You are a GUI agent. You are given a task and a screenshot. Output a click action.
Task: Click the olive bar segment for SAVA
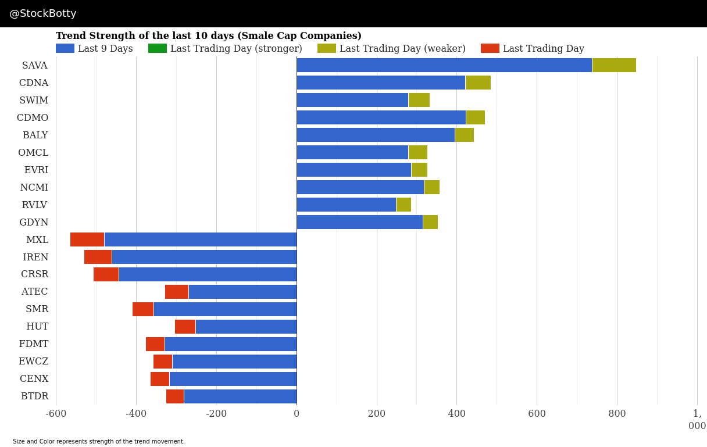click(614, 65)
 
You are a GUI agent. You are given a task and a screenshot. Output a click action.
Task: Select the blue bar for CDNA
click(381, 83)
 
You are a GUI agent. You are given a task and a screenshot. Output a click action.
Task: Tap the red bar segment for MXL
click(87, 239)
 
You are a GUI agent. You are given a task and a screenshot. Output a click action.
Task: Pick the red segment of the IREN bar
click(98, 257)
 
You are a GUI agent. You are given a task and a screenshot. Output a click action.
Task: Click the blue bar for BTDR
click(240, 396)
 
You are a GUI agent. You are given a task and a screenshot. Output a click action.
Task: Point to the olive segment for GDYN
click(430, 222)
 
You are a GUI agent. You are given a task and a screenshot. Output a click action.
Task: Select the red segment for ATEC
click(177, 292)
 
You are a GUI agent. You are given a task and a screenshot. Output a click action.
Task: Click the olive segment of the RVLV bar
click(404, 205)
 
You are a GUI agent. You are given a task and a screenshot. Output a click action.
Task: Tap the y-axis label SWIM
click(34, 101)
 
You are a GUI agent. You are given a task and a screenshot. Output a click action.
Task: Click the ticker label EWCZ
click(33, 362)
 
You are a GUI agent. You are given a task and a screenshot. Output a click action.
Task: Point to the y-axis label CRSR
click(34, 274)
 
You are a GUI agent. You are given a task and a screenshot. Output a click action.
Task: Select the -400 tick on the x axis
click(136, 414)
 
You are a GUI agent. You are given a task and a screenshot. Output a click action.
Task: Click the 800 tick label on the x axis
click(617, 414)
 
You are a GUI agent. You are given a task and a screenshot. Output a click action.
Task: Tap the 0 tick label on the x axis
click(297, 414)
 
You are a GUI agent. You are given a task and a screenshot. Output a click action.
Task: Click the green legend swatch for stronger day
click(158, 49)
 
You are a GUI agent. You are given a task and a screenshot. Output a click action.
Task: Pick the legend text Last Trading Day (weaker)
click(402, 49)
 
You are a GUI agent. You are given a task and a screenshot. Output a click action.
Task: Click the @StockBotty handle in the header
click(43, 13)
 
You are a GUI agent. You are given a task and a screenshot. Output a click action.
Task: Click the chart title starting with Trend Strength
click(208, 36)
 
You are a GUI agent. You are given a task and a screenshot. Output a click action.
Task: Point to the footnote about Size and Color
click(99, 442)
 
